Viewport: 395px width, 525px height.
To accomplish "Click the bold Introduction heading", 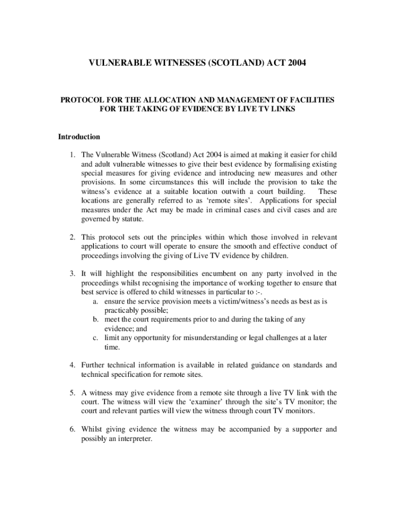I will [x=78, y=137].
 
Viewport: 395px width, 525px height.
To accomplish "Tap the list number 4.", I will [x=73, y=365].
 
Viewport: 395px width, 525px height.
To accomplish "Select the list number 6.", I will [x=73, y=429].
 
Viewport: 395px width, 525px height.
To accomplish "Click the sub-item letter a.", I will [x=96, y=301].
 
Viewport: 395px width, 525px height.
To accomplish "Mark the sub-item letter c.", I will [x=96, y=338].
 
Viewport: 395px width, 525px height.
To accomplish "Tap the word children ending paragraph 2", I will [x=274, y=256].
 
